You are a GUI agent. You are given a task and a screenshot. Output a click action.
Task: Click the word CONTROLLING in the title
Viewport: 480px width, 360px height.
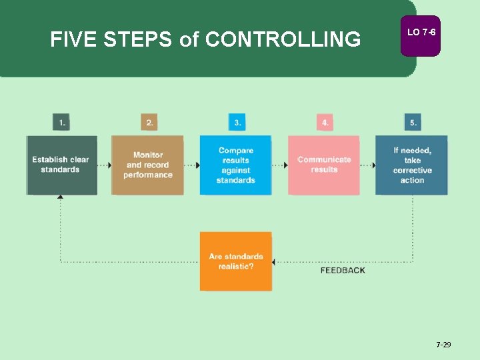point(283,40)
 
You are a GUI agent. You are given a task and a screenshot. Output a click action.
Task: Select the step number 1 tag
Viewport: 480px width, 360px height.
point(61,123)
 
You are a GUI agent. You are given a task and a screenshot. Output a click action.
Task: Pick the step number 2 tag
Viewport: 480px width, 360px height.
point(149,123)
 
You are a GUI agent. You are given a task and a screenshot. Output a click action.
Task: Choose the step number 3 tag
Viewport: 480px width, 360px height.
point(237,123)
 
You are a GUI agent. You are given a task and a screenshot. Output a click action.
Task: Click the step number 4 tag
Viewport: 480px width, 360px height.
point(325,123)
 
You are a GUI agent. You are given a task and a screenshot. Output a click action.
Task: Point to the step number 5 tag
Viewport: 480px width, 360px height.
point(413,123)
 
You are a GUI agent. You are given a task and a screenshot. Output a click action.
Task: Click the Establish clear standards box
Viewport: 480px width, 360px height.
point(61,165)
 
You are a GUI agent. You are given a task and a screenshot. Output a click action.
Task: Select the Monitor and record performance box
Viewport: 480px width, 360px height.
point(147,165)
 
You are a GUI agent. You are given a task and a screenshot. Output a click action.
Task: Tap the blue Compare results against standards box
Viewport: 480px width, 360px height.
point(235,165)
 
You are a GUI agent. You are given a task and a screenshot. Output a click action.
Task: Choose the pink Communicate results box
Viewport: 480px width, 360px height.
point(324,165)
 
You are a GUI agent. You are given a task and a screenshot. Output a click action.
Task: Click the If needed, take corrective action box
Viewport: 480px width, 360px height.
point(411,165)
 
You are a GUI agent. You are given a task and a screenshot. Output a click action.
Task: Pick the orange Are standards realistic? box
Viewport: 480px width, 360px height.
point(235,261)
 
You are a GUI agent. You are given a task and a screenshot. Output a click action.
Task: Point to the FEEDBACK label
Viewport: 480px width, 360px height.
point(343,271)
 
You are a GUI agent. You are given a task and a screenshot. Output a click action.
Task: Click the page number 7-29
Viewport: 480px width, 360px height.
point(443,345)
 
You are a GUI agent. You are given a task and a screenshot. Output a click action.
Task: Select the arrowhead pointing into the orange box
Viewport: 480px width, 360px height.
point(275,261)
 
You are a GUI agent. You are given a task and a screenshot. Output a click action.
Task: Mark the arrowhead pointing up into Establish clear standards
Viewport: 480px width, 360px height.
point(61,197)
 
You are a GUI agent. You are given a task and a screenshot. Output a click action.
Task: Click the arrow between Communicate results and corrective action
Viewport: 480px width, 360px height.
point(367,165)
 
